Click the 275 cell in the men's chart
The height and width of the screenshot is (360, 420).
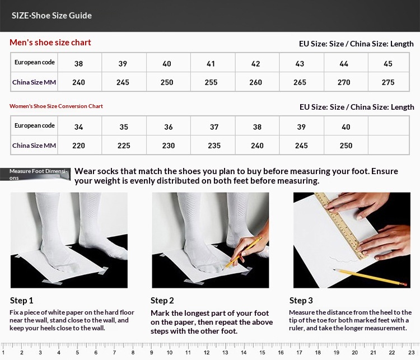click(x=388, y=82)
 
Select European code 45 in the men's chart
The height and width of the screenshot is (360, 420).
click(x=388, y=64)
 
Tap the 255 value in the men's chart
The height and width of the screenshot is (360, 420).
click(x=211, y=82)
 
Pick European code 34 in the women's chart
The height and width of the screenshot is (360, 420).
click(x=78, y=127)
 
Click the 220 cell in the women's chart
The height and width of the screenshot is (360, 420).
click(x=78, y=146)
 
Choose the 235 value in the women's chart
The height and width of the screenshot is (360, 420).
click(x=214, y=146)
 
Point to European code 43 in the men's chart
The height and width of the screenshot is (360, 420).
click(x=300, y=64)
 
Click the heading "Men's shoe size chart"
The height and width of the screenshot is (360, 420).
click(x=50, y=43)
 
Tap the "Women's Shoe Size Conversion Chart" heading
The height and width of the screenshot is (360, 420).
click(x=56, y=106)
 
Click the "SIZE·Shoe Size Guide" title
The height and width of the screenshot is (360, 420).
click(x=52, y=16)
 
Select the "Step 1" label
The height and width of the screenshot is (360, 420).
click(x=22, y=301)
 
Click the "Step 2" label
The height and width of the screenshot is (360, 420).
click(x=162, y=301)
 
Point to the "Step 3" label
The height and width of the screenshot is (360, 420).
click(x=301, y=301)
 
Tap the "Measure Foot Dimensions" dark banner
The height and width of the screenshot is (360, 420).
click(x=35, y=174)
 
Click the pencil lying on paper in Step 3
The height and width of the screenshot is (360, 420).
click(x=370, y=277)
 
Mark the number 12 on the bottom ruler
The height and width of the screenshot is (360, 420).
click(x=207, y=353)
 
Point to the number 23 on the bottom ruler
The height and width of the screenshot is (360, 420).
click(x=412, y=353)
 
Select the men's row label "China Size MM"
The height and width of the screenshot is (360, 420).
click(x=34, y=82)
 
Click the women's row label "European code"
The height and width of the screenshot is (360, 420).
click(x=35, y=125)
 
